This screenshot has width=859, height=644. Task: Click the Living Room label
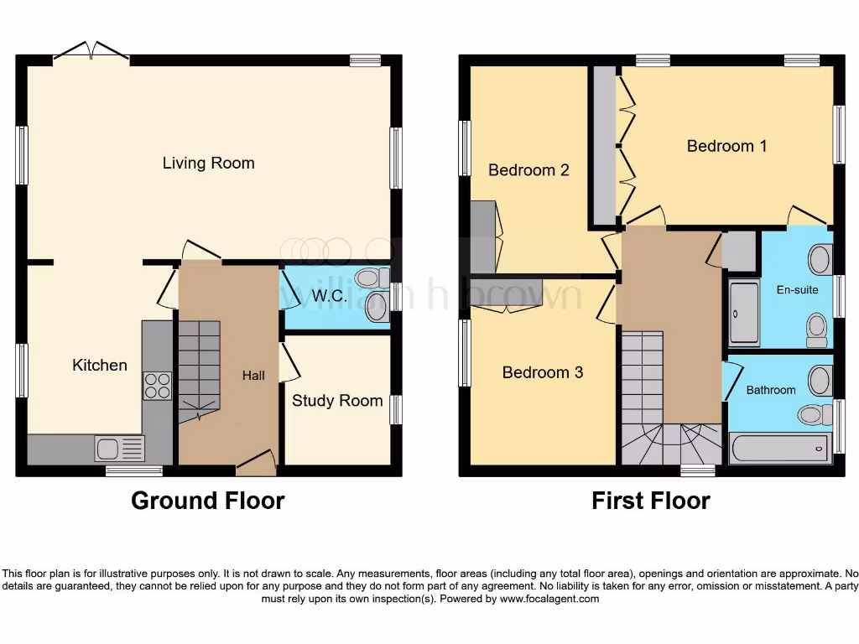[208, 163]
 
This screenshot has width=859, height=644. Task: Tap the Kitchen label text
[100, 365]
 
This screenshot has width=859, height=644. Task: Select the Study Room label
[337, 401]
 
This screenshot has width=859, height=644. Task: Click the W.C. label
[325, 296]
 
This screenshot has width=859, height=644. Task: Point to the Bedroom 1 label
[726, 146]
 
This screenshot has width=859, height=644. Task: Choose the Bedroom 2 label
[528, 170]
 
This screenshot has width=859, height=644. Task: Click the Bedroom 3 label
[542, 372]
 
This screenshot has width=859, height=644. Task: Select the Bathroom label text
[770, 390]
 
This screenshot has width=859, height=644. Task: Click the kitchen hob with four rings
[157, 386]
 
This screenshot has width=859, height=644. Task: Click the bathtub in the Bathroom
[780, 449]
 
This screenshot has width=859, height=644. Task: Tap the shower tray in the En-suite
[743, 314]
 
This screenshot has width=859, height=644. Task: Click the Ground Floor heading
[207, 501]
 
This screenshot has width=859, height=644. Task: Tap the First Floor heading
[650, 501]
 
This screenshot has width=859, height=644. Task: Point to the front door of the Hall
[257, 460]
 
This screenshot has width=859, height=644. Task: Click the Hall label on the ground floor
[253, 376]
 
